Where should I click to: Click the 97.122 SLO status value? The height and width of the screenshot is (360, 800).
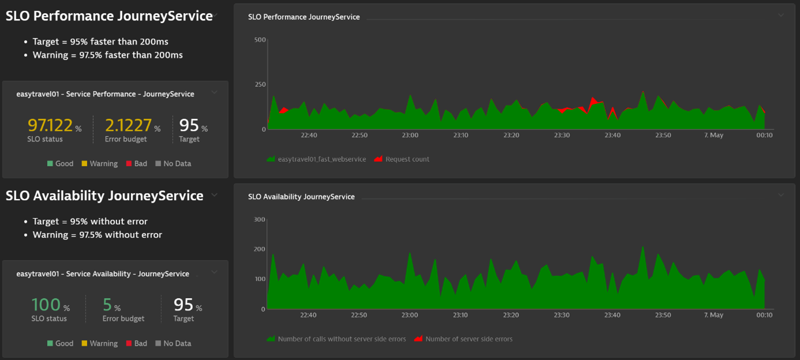coord(50,125)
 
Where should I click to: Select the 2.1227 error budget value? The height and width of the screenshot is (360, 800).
coord(128,125)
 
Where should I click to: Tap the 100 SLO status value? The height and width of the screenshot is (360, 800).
coord(46,305)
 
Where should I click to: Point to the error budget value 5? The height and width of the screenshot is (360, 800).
coord(107,305)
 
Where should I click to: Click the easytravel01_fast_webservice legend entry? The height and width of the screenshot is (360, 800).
coord(322,159)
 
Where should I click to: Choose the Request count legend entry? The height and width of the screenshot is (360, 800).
coord(407,159)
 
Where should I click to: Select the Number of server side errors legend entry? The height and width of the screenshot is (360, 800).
coord(468,339)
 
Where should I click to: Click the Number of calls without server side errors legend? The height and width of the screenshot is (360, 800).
coord(342,339)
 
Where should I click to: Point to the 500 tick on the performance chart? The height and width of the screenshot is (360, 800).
coord(260,40)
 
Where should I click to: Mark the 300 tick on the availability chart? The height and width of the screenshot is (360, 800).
coord(260,220)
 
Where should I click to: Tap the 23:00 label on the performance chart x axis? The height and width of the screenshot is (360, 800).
coord(410,135)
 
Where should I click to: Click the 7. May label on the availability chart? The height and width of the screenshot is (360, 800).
coord(713,315)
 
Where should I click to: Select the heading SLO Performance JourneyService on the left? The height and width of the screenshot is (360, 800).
coord(109,16)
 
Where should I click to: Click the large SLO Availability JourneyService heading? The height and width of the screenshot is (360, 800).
coord(104,196)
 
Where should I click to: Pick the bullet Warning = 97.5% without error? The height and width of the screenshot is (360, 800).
coord(97,235)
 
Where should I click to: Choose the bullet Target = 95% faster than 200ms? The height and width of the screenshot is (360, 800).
coord(100,42)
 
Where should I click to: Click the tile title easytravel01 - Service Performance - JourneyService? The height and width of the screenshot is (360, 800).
coord(105,94)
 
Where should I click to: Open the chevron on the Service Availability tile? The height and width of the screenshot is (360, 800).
coord(214,272)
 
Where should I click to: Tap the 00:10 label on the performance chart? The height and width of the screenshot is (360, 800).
coord(764,135)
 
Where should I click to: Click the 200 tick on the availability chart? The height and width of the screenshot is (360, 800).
coord(260,249)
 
